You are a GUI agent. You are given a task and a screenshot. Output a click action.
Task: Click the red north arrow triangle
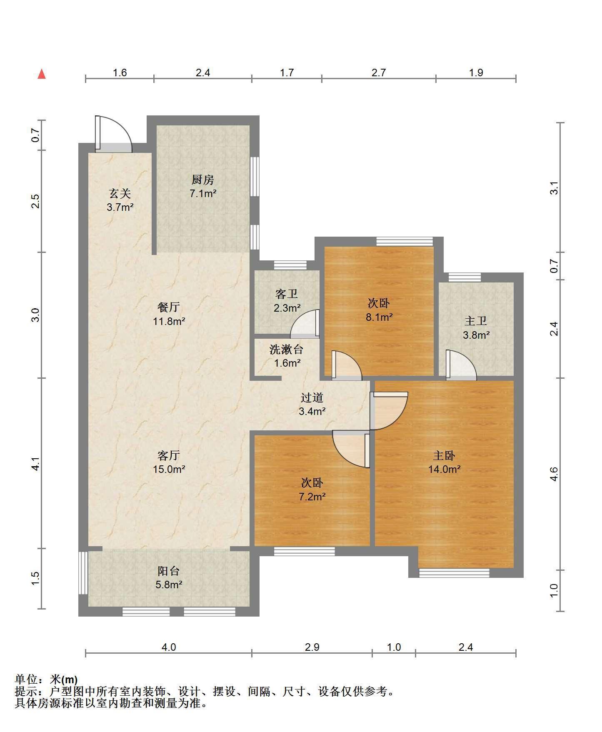tap(42, 74)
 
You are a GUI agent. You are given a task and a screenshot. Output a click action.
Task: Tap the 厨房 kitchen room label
tap(203, 180)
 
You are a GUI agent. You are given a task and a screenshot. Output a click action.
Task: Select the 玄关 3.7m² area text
tap(120, 207)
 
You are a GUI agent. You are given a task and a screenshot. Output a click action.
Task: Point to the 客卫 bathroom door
tap(305, 324)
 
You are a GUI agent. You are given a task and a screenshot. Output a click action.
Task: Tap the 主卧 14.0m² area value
tap(445, 469)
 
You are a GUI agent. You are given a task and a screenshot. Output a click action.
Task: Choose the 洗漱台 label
tap(286, 349)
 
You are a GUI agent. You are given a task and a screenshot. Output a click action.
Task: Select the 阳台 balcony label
tap(169, 571)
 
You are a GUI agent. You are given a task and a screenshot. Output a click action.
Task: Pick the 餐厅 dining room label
tap(169, 307)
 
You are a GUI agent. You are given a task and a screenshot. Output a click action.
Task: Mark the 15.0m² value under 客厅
tap(169, 469)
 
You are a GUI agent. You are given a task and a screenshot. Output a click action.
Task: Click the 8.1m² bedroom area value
tap(379, 317)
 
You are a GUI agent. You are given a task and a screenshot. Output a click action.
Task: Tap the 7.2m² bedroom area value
tap(312, 497)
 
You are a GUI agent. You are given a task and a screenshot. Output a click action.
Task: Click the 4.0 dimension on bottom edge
tap(169, 647)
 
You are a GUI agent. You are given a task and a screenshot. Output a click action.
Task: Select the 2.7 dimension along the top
tap(379, 72)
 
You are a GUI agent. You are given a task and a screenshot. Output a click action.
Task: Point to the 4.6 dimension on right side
tap(554, 474)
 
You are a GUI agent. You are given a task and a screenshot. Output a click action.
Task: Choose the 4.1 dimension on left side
tap(36, 464)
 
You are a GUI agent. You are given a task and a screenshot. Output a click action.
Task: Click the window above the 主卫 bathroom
tap(465, 277)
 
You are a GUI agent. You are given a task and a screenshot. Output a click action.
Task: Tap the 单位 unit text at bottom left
tap(26, 680)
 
